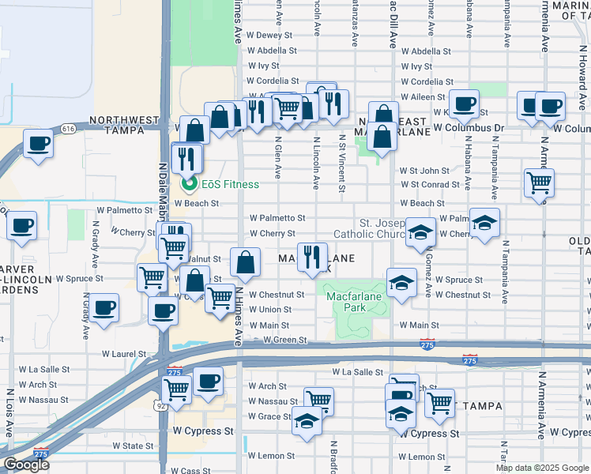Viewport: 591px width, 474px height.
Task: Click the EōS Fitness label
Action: click(228, 184)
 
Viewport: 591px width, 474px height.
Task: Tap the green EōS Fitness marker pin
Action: click(188, 185)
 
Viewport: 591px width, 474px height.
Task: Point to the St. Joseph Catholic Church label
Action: click(370, 228)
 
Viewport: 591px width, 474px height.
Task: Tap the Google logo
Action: click(25, 465)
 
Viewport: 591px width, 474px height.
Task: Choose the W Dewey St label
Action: click(269, 35)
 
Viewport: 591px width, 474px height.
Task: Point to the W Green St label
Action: click(284, 340)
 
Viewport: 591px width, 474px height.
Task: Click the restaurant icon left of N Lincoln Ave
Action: click(313, 256)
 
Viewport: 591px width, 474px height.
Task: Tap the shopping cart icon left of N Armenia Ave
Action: click(539, 182)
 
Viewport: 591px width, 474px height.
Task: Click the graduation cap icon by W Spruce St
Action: click(401, 283)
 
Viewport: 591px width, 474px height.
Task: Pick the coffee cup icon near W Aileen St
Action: click(465, 102)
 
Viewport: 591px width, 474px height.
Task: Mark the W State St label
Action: click(132, 446)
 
